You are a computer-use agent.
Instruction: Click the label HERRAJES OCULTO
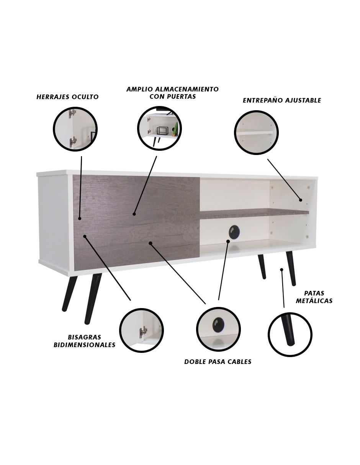pos(67,97)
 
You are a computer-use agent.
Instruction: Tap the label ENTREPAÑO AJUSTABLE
pos(282,100)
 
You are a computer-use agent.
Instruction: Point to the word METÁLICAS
pos(314,301)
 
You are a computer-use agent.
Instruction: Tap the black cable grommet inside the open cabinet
pos(234,232)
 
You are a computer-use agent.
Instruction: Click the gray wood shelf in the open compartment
pos(254,213)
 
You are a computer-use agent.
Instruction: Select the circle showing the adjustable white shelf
pos(256,132)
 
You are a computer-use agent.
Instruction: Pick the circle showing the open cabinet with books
pos(159,129)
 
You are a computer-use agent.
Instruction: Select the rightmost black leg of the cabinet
pos(291,269)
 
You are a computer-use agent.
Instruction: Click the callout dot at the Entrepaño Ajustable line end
pos(301,200)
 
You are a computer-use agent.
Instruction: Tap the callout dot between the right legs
pos(281,270)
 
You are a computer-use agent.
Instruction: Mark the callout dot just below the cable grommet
pos(228,241)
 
